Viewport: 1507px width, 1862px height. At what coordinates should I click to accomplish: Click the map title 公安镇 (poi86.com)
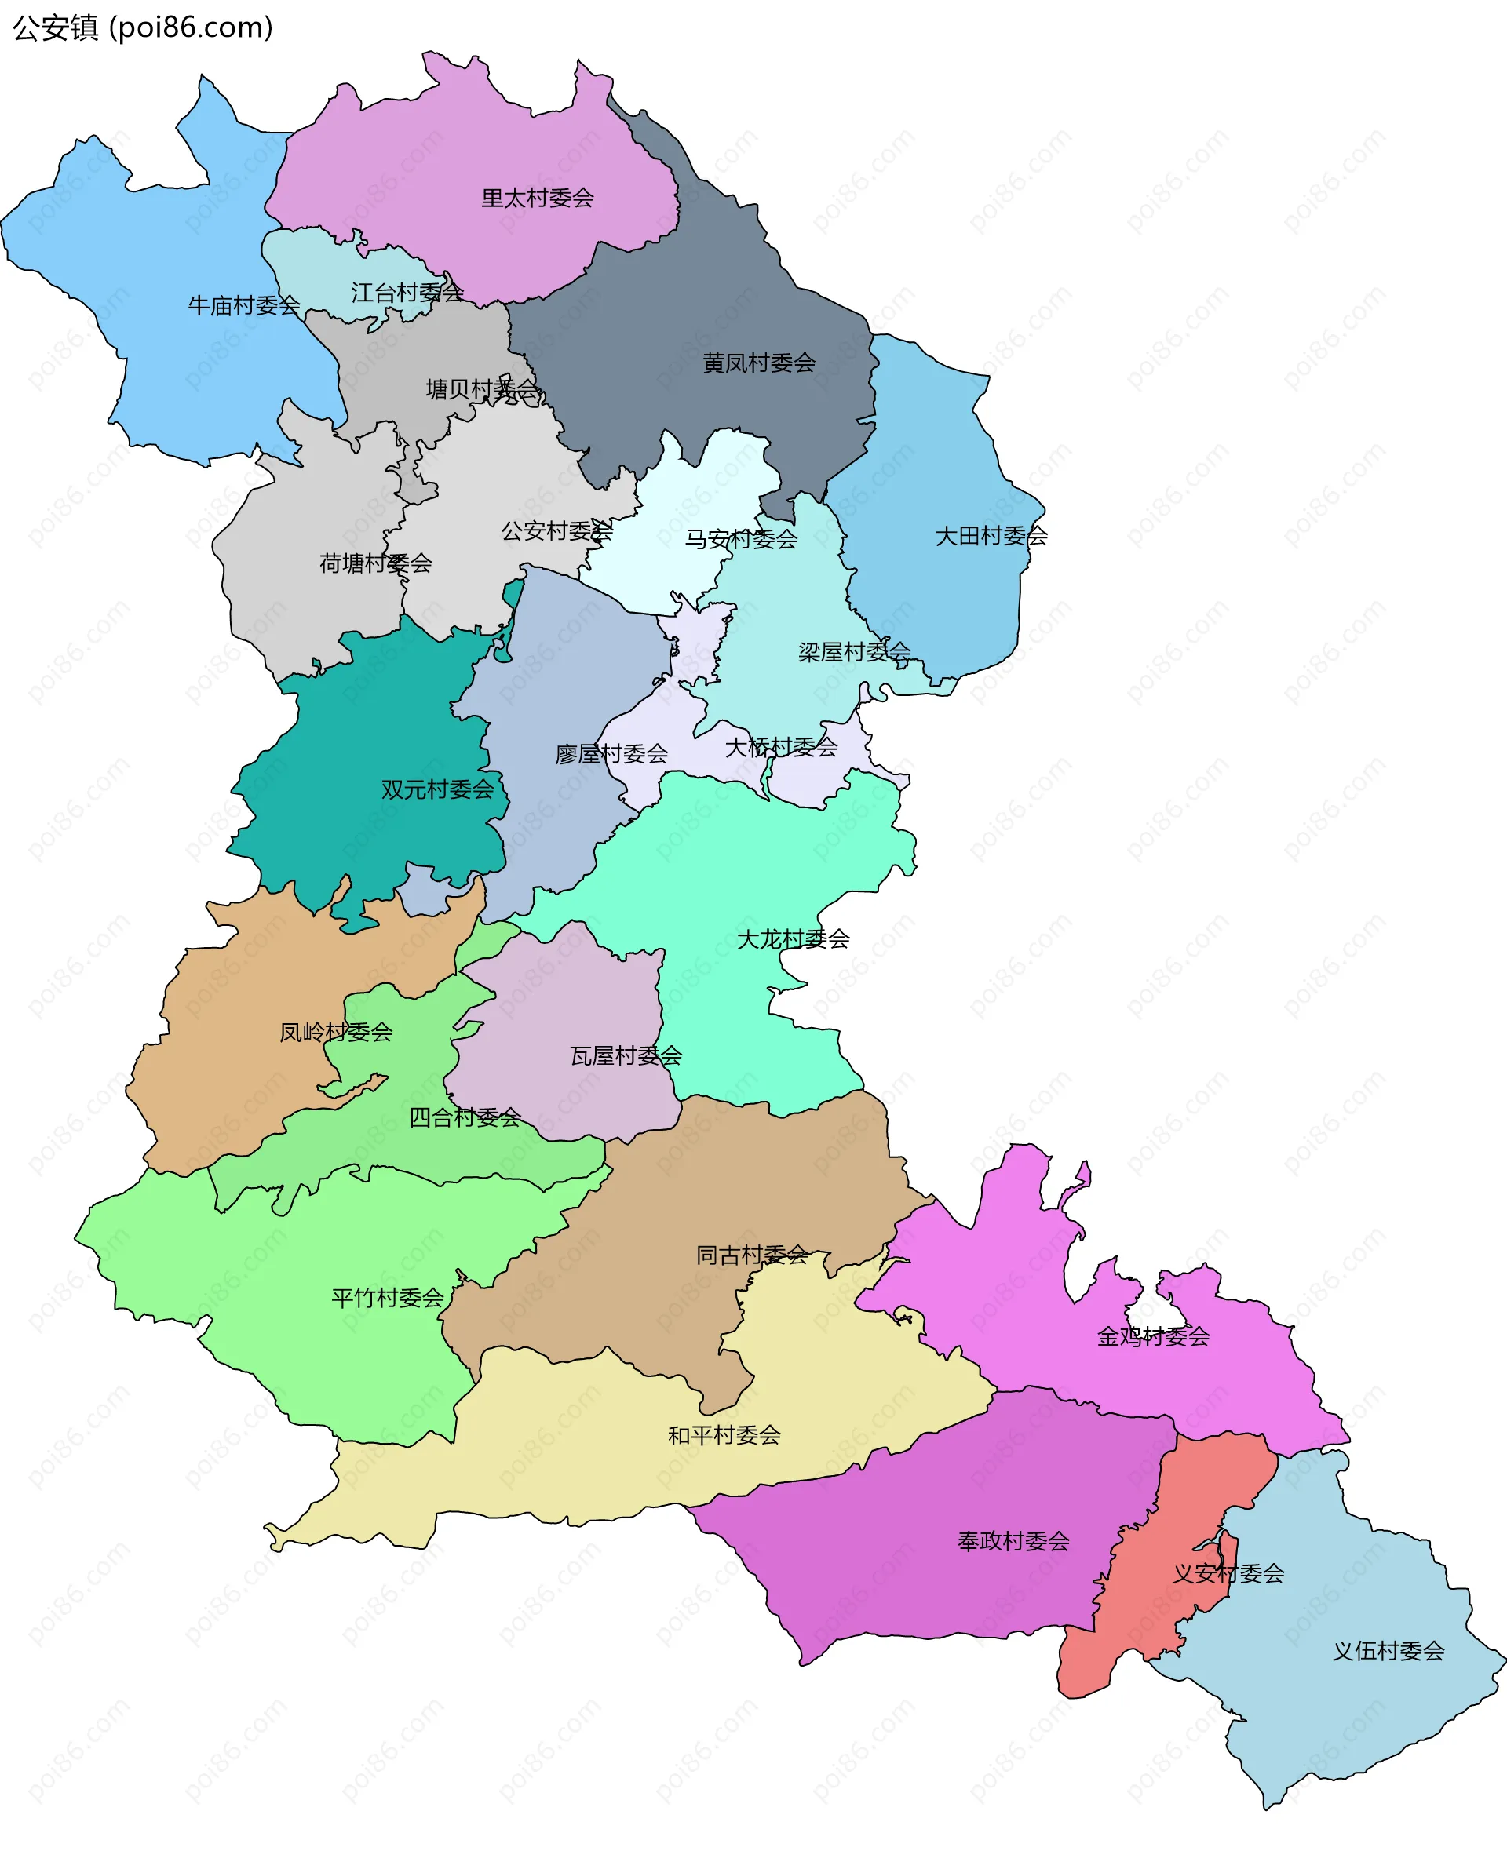tap(143, 27)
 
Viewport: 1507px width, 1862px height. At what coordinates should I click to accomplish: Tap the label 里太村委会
tap(538, 199)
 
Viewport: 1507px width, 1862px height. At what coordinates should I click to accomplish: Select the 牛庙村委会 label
tap(244, 305)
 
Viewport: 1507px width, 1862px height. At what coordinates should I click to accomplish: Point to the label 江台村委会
tap(407, 293)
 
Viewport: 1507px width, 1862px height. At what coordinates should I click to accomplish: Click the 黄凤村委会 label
tap(759, 363)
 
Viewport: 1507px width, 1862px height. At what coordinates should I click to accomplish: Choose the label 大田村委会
tap(991, 536)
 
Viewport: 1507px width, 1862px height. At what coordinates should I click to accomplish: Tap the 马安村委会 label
tap(740, 540)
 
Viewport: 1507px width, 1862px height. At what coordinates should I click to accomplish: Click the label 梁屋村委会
tap(854, 651)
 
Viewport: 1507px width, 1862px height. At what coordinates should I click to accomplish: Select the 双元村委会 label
tap(436, 789)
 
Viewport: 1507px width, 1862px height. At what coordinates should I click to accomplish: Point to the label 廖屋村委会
tap(611, 754)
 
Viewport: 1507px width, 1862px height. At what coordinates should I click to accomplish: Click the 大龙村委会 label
tap(793, 938)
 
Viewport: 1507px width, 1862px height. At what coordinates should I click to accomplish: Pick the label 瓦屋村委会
tap(625, 1056)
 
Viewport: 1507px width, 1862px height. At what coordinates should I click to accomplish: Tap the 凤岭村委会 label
tap(336, 1033)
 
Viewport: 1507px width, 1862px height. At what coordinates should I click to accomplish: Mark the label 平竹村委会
tap(387, 1298)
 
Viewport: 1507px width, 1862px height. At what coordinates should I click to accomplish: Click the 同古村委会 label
tap(752, 1255)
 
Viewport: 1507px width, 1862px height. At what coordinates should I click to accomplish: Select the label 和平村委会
tap(724, 1435)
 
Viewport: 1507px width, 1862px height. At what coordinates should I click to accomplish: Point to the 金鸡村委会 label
tap(1153, 1337)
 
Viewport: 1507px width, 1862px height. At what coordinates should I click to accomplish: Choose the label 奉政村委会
tap(1013, 1541)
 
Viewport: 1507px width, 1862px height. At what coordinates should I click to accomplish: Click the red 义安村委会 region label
tap(1228, 1573)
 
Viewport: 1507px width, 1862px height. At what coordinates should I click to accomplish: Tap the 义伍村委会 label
tap(1388, 1651)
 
